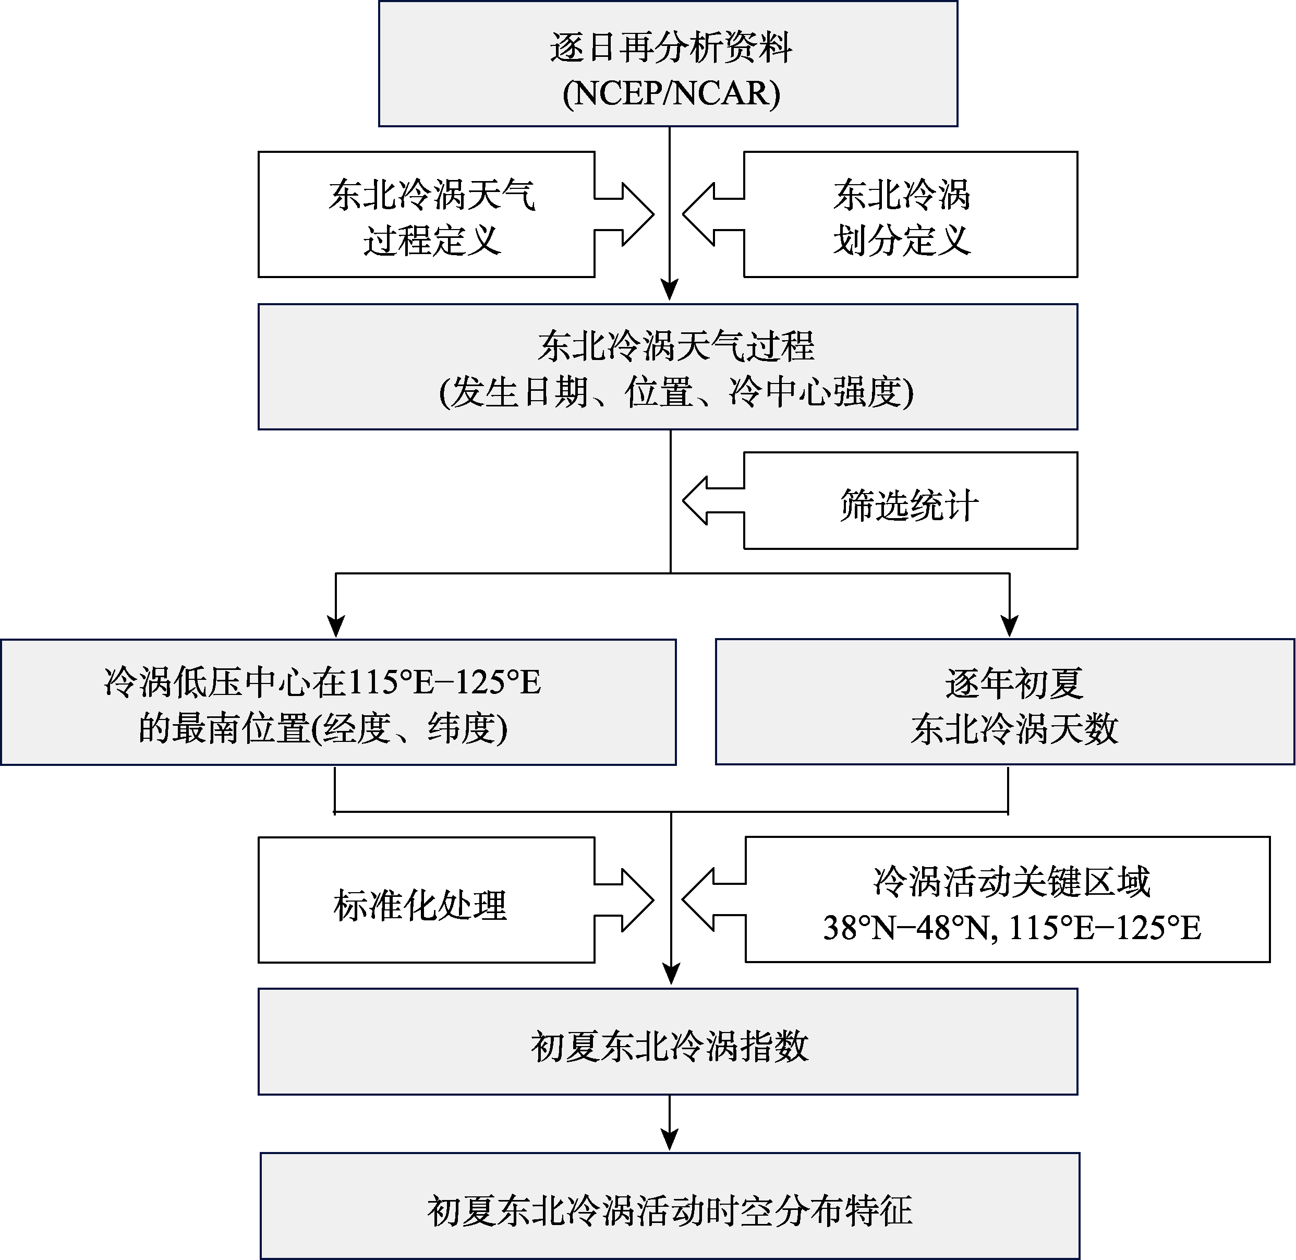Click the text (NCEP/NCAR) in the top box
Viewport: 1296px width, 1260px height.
click(x=671, y=93)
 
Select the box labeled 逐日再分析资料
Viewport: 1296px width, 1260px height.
click(x=668, y=64)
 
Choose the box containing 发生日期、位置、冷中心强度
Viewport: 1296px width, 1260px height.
click(x=668, y=367)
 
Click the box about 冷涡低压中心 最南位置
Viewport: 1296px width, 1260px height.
click(x=338, y=702)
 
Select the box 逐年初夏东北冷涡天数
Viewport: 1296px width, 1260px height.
click(x=1005, y=702)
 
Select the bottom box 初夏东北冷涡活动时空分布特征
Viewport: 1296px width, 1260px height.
click(x=670, y=1206)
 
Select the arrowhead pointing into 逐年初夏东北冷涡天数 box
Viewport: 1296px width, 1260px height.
click(x=1010, y=626)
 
